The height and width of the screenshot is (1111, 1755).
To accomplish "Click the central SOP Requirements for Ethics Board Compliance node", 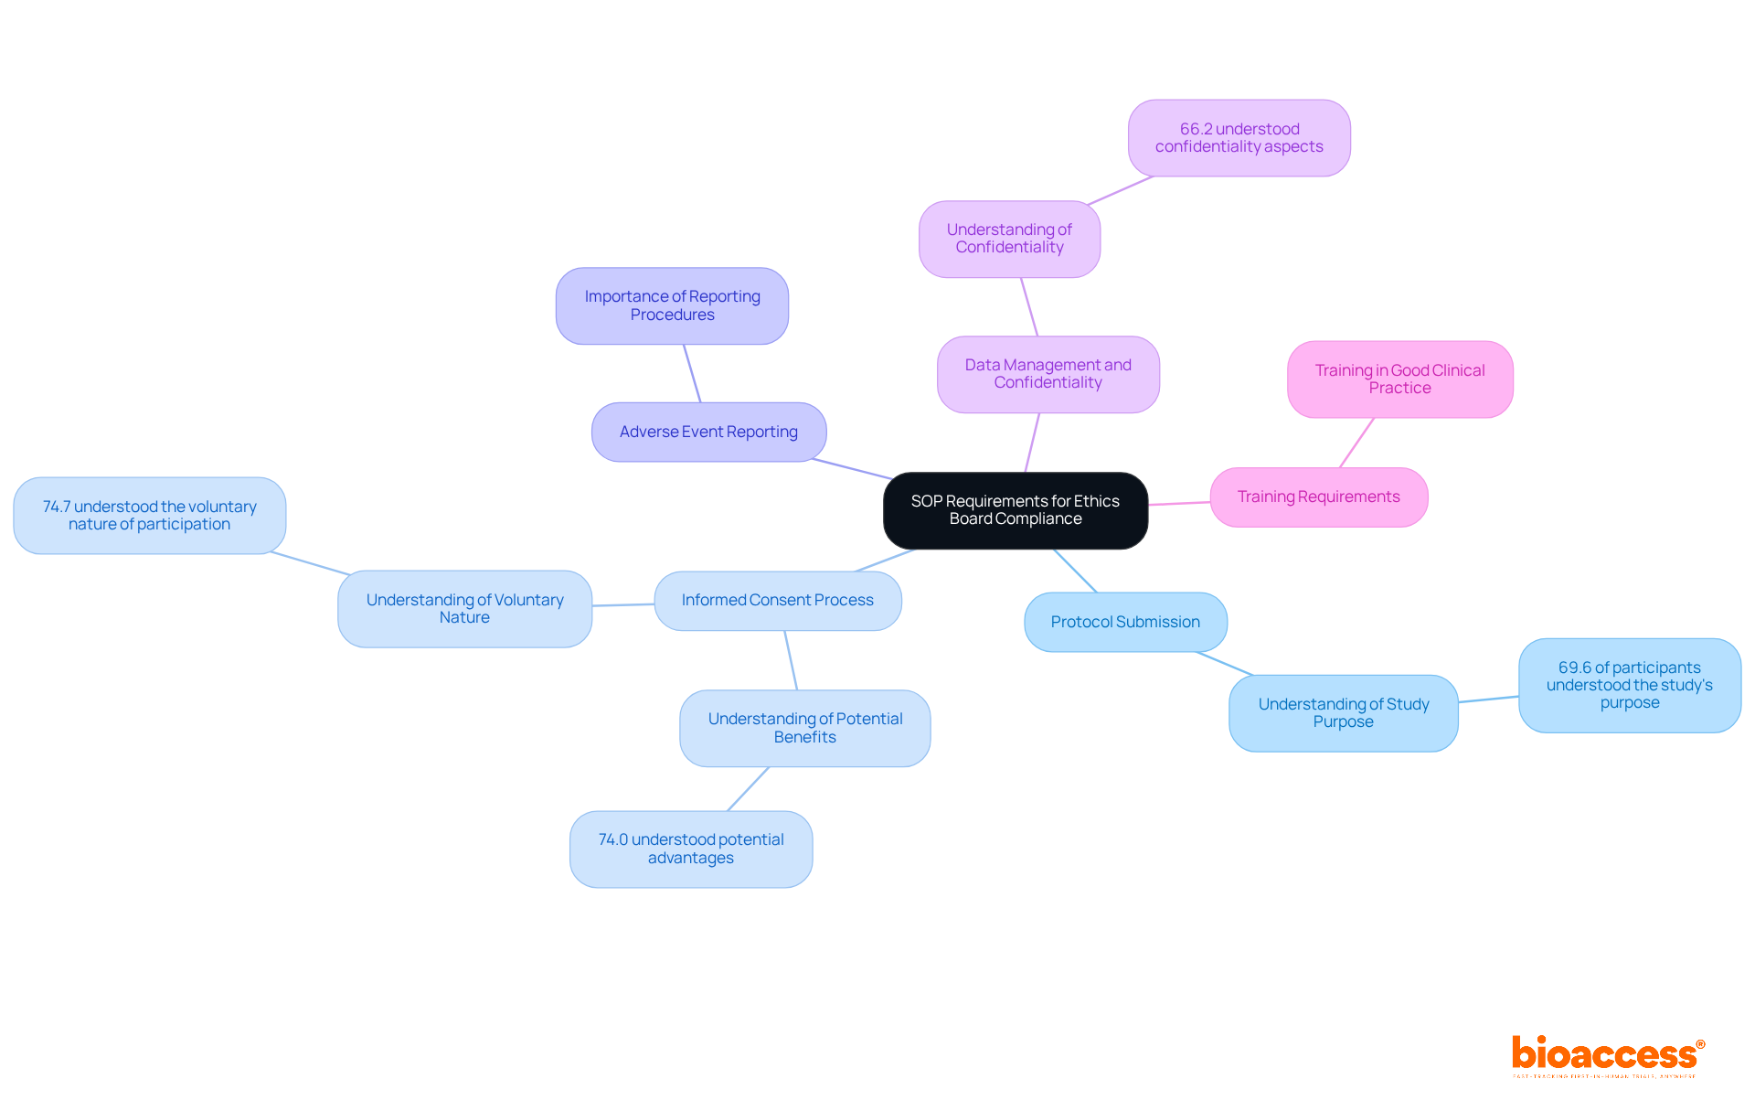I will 1015,510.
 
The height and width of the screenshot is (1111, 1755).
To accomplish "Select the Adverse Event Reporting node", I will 708,432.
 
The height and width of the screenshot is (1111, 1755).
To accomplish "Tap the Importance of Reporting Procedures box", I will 672,305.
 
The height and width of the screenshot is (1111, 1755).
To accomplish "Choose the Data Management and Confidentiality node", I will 1048,374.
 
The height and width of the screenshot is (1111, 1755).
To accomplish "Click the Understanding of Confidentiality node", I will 1009,239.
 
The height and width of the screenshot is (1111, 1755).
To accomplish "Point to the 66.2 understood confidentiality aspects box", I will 1239,138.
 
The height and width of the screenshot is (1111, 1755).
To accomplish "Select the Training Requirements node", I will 1318,497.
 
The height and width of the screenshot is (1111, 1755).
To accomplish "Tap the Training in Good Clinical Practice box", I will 1399,379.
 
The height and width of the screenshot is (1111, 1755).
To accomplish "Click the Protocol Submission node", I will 1125,622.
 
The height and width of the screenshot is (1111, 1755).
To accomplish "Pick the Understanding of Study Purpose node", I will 1343,713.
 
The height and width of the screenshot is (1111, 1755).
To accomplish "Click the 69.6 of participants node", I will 1629,685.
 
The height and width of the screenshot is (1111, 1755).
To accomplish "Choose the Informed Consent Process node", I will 777,600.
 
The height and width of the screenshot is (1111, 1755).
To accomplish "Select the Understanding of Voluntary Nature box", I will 464,609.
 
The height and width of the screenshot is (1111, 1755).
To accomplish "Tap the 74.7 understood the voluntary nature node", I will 149,515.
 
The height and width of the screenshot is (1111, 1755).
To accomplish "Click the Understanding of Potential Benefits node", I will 804,728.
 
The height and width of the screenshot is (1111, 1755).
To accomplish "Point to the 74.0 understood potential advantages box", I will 690,849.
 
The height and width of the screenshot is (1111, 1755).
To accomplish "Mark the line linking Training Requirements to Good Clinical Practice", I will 1356,443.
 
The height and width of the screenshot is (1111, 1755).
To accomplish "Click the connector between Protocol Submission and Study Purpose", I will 1225,664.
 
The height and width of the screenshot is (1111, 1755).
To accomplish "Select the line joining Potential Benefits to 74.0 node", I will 748,789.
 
